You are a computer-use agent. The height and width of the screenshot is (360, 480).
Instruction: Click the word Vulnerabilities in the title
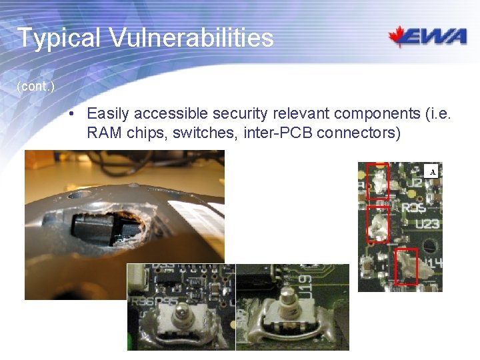(191, 38)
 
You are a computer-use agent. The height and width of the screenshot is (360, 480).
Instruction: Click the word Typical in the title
(58, 38)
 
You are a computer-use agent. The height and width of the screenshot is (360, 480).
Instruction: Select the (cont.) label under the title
(35, 87)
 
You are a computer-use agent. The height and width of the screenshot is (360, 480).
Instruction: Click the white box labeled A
(433, 172)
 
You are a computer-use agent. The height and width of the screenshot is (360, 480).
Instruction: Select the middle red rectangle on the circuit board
(378, 224)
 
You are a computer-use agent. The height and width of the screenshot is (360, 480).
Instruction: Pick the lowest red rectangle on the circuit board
(406, 265)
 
